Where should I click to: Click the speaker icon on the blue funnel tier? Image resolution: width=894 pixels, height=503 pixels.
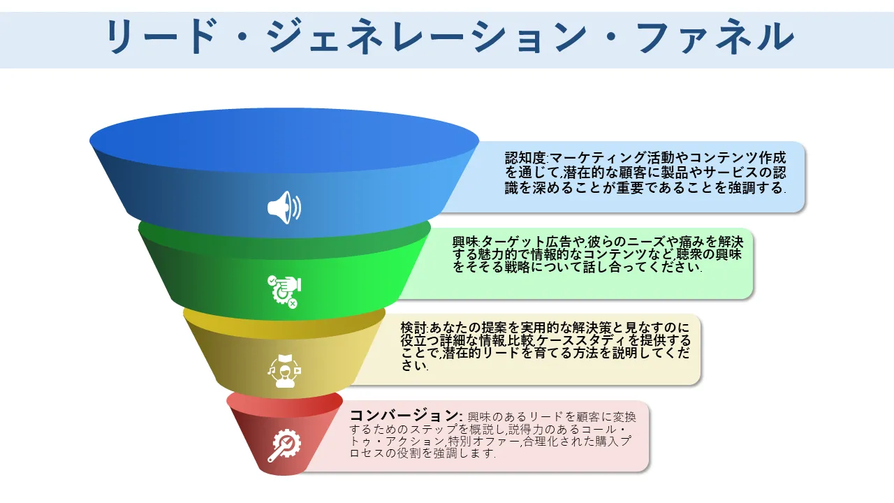pos(284,207)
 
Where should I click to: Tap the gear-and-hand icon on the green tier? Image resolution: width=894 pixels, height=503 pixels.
pos(284,291)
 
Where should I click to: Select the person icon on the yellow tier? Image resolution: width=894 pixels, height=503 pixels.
pos(284,371)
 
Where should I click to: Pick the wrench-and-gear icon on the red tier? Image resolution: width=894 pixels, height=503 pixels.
pos(284,445)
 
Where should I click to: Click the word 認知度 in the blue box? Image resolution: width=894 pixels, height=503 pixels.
pos(525,158)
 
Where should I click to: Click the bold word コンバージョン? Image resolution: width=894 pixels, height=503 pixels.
pos(404,416)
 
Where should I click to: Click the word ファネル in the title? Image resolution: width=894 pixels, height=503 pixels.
pos(716,37)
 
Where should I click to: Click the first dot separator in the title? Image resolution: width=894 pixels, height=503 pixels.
pos(241,37)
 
